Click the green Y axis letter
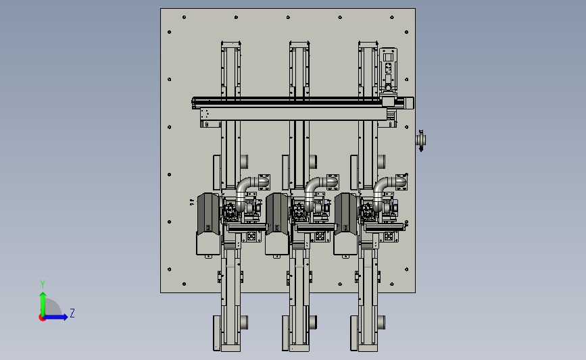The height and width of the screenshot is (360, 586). pos(43,284)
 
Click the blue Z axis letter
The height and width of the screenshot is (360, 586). pos(72,313)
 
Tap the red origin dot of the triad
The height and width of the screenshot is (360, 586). pos(42,318)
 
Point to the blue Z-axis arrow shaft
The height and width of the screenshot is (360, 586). pos(55,317)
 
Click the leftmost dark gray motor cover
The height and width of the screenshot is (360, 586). pos(209,213)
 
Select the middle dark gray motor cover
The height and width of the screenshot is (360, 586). pos(277,213)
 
